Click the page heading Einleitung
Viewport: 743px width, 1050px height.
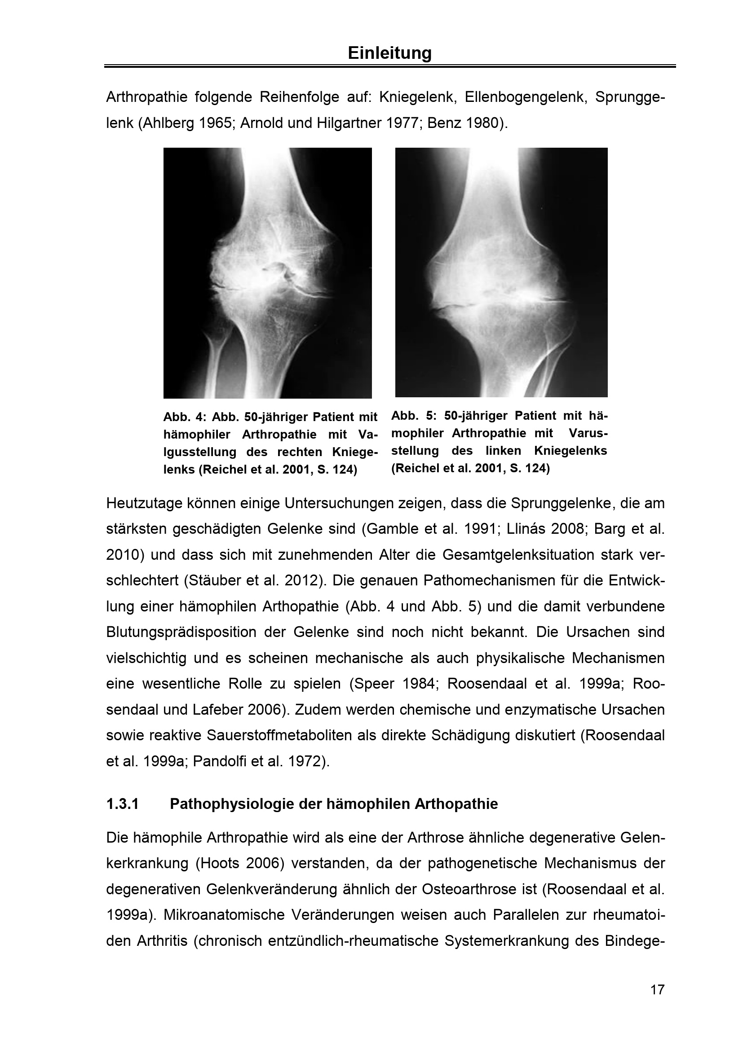click(x=389, y=53)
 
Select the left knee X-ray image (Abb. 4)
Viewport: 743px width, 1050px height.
click(x=267, y=272)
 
